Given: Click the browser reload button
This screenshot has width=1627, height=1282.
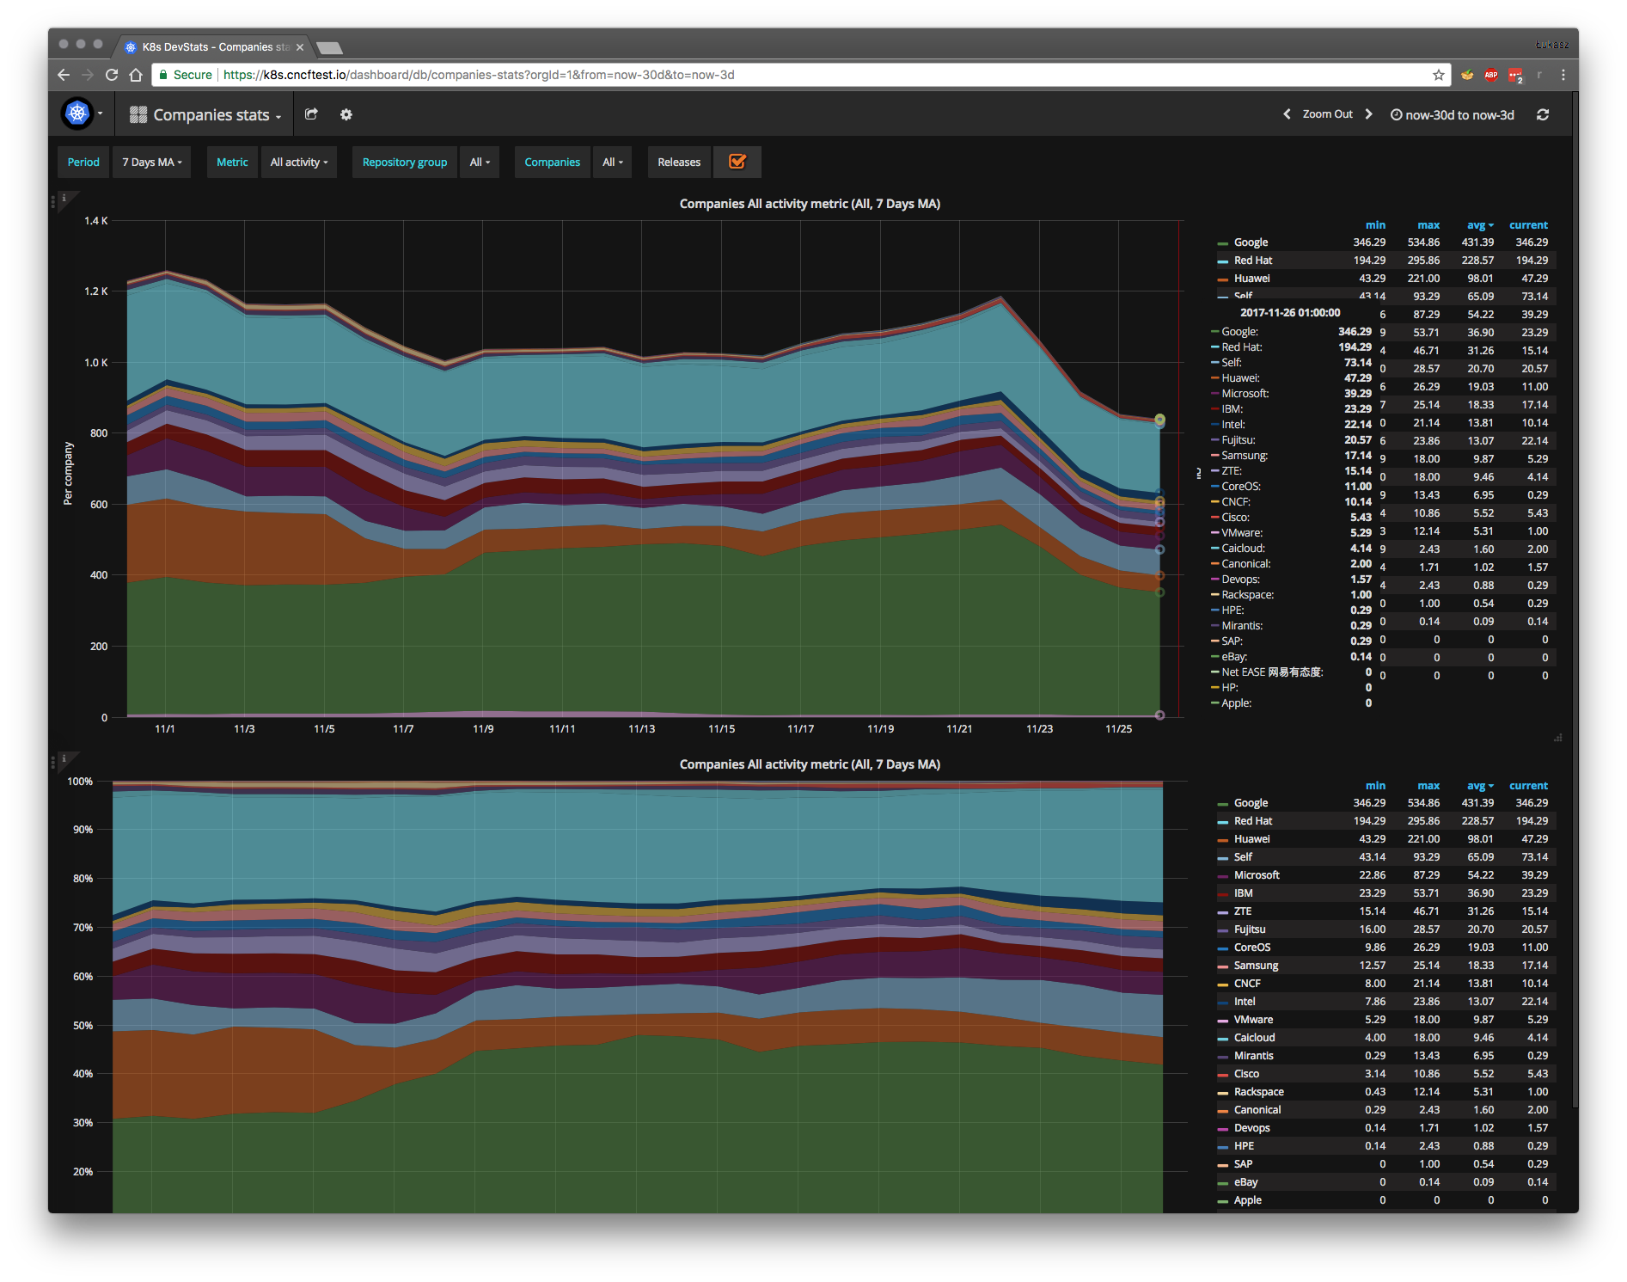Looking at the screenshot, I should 112,75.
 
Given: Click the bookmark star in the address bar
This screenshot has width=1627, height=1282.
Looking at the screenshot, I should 1439,75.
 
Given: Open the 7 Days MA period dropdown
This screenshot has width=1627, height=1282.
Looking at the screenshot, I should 151,163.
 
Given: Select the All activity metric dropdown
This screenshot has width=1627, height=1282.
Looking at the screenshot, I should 298,163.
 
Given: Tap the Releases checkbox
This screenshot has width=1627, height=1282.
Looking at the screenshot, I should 737,162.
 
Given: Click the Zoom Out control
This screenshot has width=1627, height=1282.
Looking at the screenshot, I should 1327,114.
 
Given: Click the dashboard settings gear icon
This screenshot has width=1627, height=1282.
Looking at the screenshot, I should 346,114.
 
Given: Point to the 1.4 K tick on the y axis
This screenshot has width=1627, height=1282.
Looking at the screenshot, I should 96,221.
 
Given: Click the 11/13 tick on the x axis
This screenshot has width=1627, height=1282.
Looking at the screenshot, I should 641,729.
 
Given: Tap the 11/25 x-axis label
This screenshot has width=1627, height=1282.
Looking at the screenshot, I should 1118,729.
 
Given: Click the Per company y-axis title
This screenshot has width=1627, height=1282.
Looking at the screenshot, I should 69,473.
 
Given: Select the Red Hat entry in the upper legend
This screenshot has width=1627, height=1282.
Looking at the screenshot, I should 1252,261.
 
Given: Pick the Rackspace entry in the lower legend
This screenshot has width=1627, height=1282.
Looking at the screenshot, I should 1258,1092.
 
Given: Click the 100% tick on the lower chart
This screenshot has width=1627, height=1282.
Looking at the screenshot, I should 81,782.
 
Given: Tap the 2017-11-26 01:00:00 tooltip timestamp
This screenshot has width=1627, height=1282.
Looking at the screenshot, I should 1290,313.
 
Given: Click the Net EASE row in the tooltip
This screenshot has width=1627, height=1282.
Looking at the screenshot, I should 1271,672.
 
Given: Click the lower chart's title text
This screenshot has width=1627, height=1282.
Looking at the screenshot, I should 810,764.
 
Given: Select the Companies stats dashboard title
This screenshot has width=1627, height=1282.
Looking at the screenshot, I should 211,115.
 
